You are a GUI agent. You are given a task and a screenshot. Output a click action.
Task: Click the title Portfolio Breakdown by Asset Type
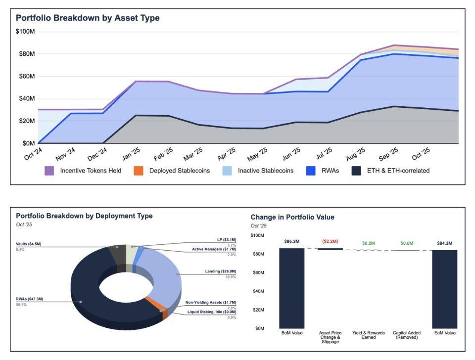[88, 18]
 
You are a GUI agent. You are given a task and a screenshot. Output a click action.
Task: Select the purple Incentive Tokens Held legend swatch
[49, 171]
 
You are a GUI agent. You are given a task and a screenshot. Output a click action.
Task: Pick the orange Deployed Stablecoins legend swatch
[139, 171]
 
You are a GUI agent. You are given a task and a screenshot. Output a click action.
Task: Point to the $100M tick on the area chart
[25, 32]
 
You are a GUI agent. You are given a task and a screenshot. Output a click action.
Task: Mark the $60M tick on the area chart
[25, 76]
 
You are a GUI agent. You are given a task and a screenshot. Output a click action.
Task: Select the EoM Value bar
[444, 289]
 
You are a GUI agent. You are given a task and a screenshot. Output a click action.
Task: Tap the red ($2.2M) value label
[330, 241]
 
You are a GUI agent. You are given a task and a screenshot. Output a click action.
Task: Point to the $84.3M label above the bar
[444, 243]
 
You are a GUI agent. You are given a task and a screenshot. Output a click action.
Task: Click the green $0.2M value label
[368, 243]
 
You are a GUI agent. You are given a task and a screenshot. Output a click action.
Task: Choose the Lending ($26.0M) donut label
[221, 271]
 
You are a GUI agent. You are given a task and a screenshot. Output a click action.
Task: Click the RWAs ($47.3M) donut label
[30, 299]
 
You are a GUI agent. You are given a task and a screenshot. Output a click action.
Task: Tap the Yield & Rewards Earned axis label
[368, 335]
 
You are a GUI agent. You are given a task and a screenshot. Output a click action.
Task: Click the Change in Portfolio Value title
[292, 217]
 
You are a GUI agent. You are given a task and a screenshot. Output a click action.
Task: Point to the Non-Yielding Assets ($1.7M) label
[211, 302]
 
